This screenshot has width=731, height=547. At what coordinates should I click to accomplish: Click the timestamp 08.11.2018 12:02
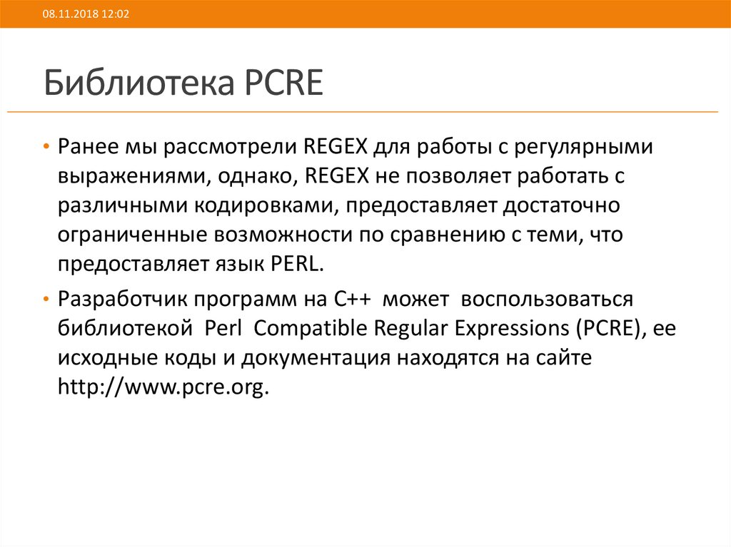click(85, 14)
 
